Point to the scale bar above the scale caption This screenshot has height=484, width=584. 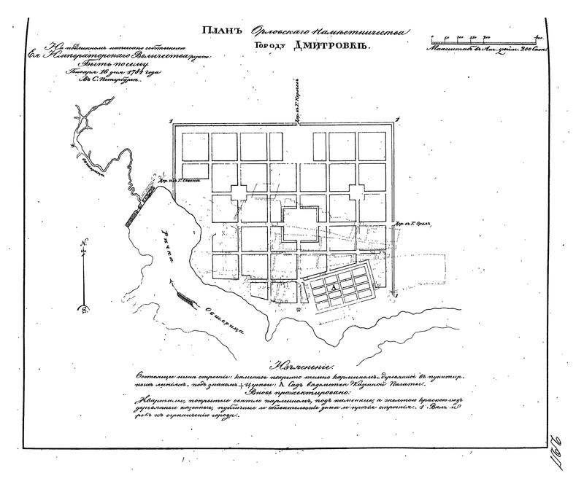[x=488, y=36]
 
